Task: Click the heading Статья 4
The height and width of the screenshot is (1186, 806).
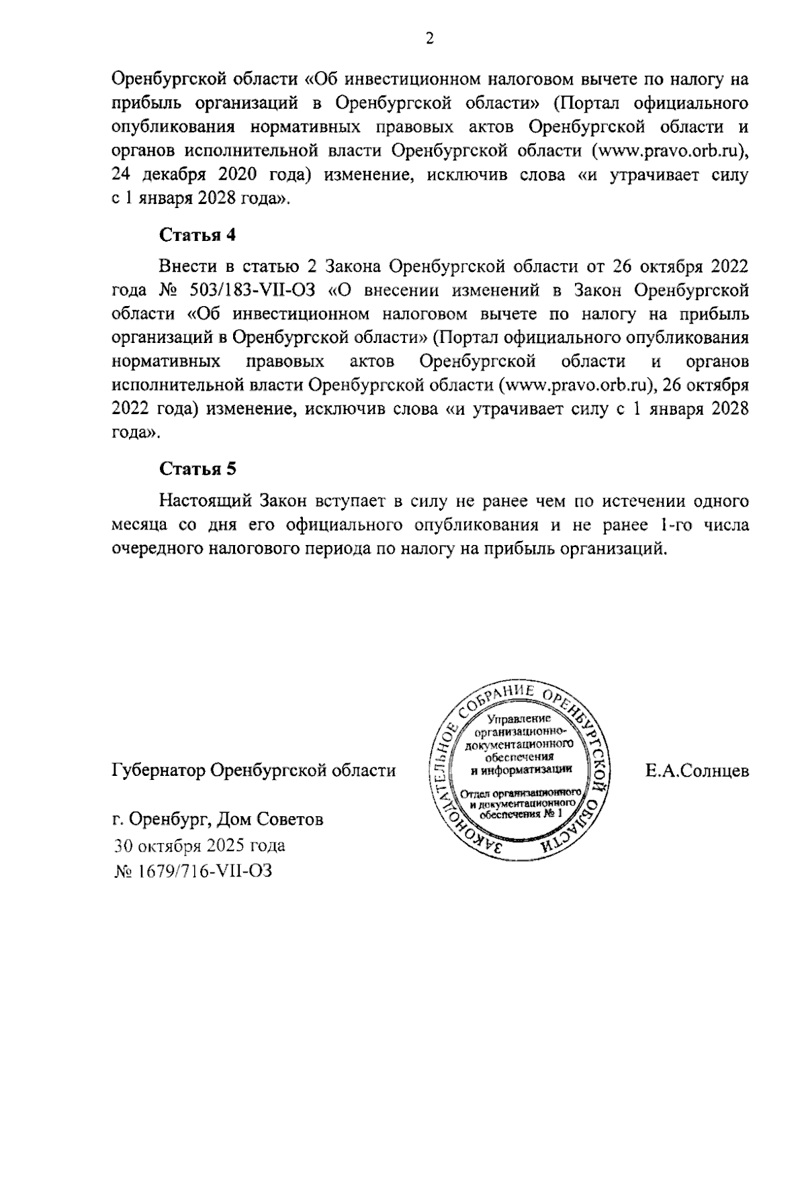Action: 197,235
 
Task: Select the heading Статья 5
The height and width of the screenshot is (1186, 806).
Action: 197,468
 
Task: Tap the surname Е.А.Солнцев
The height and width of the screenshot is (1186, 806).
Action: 697,771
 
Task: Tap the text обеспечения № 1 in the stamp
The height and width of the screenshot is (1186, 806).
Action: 519,813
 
